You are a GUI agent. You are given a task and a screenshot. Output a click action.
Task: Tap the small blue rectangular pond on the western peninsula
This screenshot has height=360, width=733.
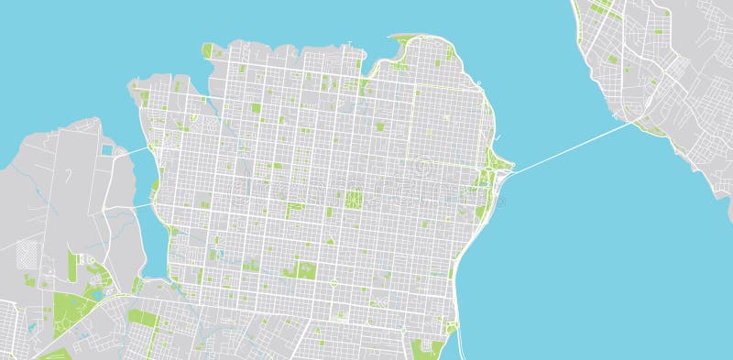(x=107, y=149)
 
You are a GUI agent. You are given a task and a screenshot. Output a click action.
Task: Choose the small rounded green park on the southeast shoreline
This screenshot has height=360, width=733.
(x=452, y=326)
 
